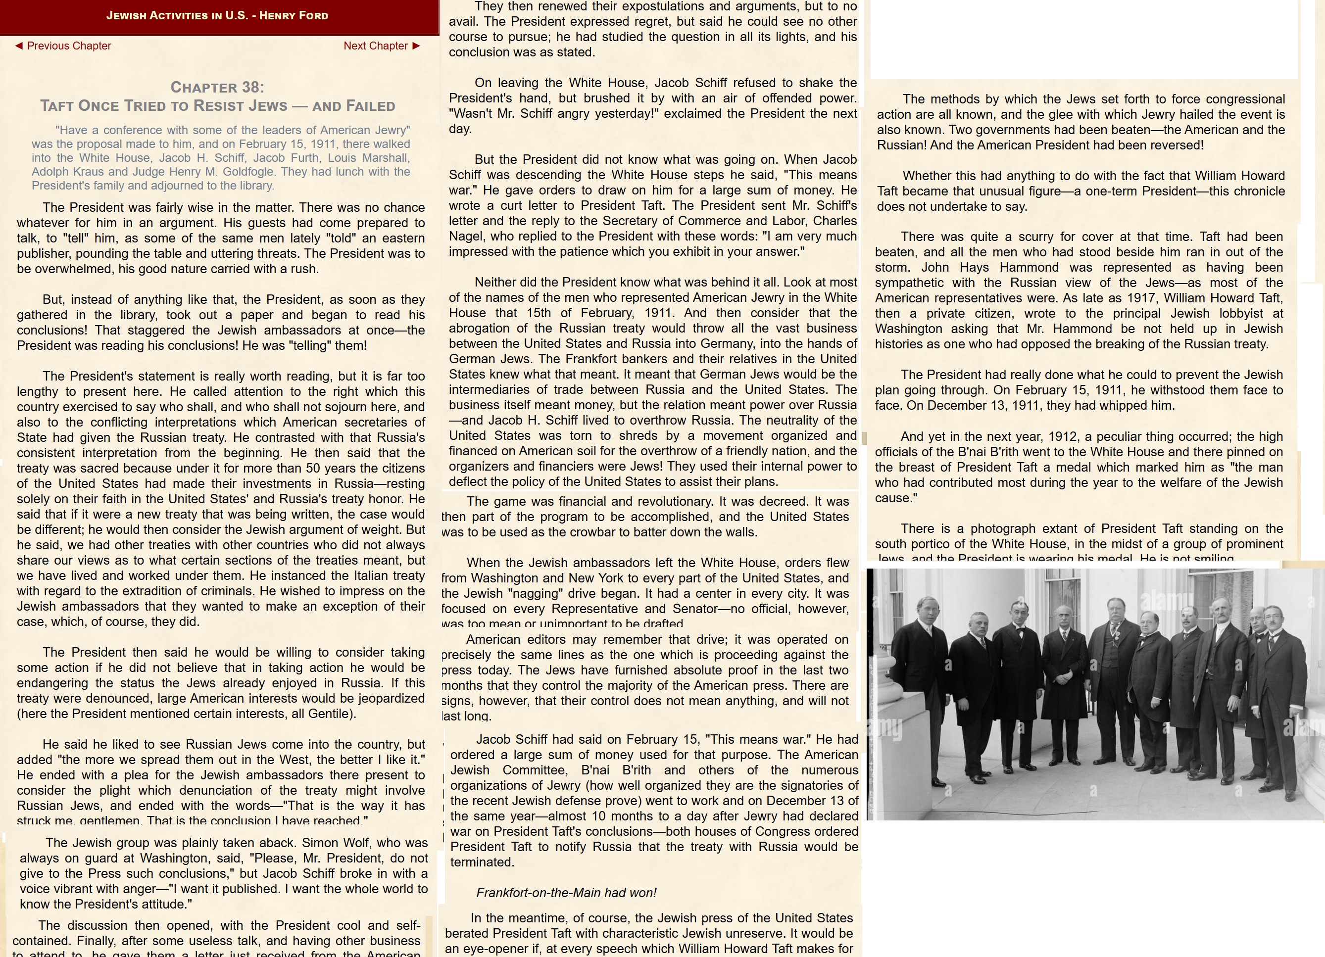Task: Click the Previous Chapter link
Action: [x=63, y=46]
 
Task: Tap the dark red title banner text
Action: [x=217, y=16]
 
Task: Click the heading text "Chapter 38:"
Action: [x=217, y=88]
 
